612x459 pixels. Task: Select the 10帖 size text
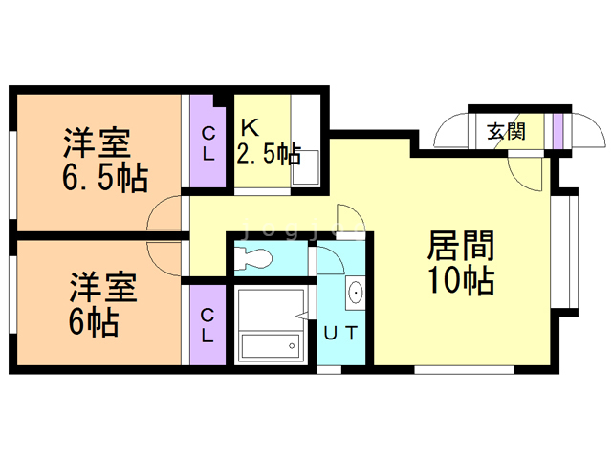461,282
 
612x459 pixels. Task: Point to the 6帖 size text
93,322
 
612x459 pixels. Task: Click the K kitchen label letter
249,126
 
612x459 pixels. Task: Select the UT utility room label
341,333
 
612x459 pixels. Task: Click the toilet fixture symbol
254,258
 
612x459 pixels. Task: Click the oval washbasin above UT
356,292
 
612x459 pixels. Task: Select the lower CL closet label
208,325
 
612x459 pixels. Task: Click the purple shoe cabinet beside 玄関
558,129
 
